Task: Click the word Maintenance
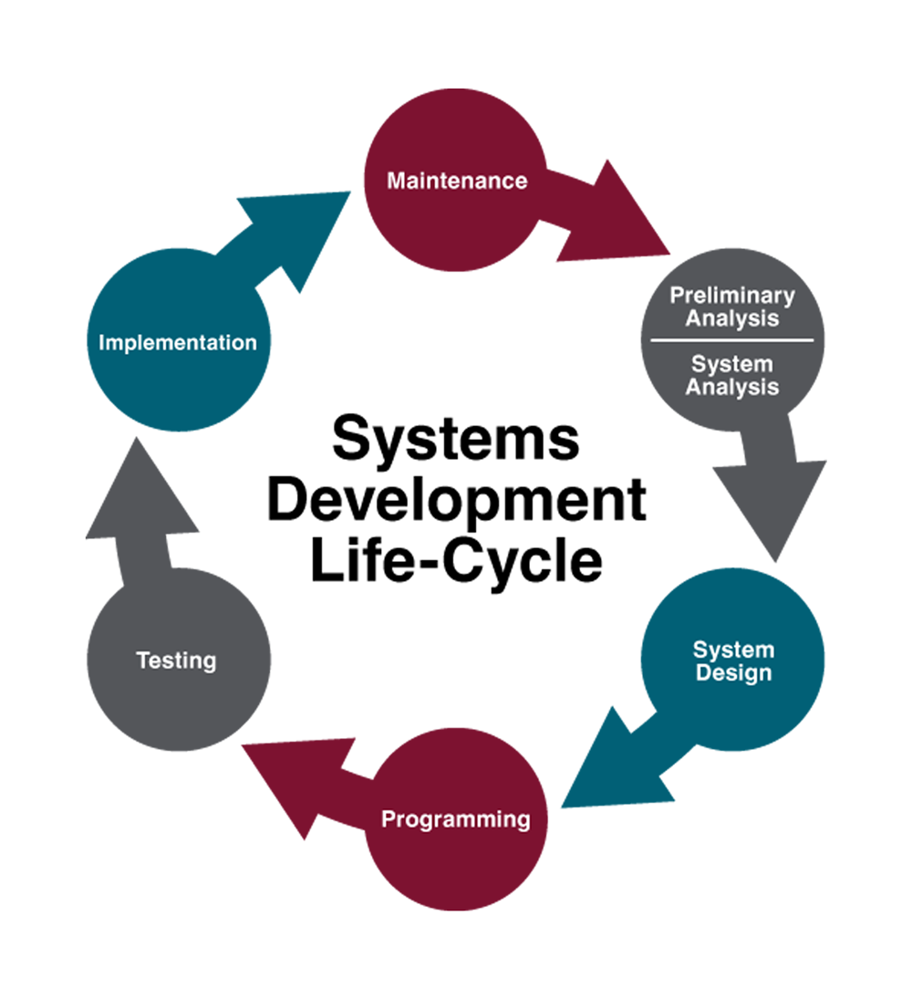(457, 181)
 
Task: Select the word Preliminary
(731, 296)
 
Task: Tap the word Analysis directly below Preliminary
(731, 318)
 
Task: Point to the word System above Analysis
(731, 364)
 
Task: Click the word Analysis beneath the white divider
(731, 387)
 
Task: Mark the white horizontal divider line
(731, 340)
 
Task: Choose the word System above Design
(733, 650)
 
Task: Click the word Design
(733, 674)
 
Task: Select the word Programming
(455, 819)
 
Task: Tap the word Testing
(176, 660)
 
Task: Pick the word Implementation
(177, 343)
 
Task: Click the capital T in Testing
(142, 660)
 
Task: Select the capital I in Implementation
(101, 343)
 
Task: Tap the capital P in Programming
(388, 818)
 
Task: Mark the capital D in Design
(703, 674)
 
